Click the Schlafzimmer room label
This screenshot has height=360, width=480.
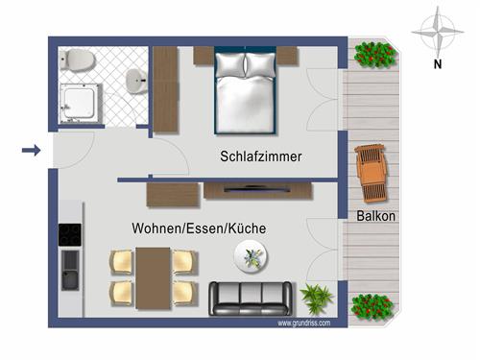click(x=261, y=156)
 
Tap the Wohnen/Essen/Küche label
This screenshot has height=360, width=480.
click(x=199, y=229)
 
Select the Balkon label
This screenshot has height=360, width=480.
click(x=376, y=216)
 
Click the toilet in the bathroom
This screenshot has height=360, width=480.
click(x=80, y=61)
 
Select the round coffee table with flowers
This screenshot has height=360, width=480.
click(x=253, y=256)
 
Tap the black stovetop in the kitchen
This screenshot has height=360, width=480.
click(x=70, y=234)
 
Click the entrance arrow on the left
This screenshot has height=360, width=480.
click(x=31, y=150)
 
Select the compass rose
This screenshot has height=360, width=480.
click(x=437, y=31)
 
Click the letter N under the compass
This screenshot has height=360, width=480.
click(x=437, y=65)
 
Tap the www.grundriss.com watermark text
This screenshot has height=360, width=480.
click(x=304, y=324)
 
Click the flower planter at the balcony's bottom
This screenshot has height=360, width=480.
click(x=374, y=307)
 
